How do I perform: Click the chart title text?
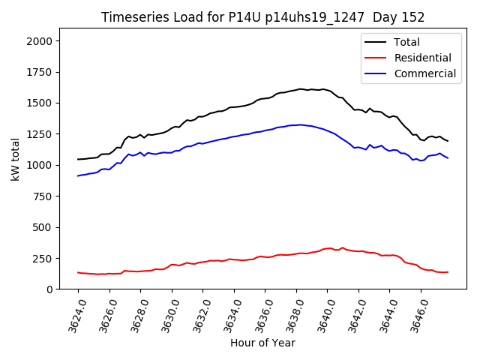tap(262, 17)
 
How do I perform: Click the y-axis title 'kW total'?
tap(16, 158)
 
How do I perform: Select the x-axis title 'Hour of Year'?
tap(262, 343)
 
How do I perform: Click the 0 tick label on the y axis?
tap(49, 289)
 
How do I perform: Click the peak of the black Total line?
tap(300, 88)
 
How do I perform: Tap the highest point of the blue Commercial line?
tap(300, 124)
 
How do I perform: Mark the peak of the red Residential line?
tap(331, 247)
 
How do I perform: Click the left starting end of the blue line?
tap(78, 175)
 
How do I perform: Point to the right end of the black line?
tap(448, 141)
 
